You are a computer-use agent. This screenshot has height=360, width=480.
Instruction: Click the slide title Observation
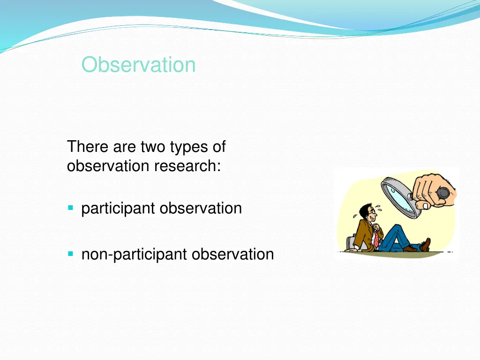138,65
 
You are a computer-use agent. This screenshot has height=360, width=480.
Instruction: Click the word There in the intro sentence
88,146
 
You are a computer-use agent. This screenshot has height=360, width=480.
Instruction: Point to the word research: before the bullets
187,166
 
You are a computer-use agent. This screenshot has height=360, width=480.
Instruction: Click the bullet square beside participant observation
71,208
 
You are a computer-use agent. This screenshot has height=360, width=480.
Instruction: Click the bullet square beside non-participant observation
71,254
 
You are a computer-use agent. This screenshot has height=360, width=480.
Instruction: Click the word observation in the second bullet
232,254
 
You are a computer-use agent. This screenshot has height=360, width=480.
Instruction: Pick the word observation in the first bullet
201,208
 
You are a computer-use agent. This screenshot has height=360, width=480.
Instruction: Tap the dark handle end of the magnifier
443,193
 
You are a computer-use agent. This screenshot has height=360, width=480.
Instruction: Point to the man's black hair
364,210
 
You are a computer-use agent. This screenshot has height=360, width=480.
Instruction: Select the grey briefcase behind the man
351,244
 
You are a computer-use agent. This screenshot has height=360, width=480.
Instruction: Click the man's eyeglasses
373,211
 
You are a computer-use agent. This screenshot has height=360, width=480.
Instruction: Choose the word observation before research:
108,166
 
